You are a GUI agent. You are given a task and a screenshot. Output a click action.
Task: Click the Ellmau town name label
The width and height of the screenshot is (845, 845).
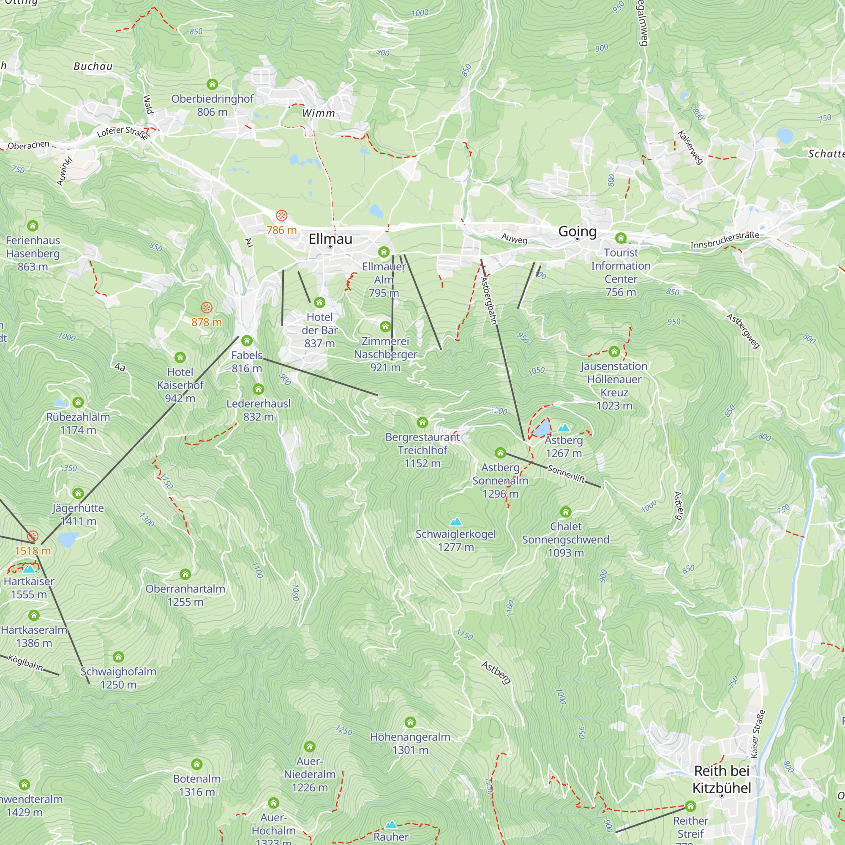pyautogui.click(x=330, y=239)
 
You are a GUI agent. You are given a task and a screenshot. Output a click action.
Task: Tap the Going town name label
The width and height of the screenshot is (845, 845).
pyautogui.click(x=577, y=232)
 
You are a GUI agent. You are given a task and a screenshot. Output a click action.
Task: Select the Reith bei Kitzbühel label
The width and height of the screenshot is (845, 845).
pyautogui.click(x=722, y=780)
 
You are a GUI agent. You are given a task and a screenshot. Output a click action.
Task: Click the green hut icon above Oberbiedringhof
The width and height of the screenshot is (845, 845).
pyautogui.click(x=212, y=84)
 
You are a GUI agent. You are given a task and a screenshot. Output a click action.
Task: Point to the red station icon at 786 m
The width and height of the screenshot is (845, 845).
pyautogui.click(x=281, y=215)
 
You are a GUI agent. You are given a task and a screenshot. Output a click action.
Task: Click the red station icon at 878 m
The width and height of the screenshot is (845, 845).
pyautogui.click(x=207, y=308)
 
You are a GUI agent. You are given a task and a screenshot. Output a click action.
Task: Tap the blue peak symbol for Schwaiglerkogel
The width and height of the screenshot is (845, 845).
pyautogui.click(x=456, y=521)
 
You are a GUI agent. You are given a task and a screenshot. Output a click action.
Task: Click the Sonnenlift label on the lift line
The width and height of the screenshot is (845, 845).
pyautogui.click(x=567, y=474)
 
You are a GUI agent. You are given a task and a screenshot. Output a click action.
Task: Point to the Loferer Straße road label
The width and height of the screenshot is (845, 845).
pyautogui.click(x=122, y=132)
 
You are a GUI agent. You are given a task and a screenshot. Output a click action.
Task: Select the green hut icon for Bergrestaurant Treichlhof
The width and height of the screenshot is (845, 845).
pyautogui.click(x=422, y=422)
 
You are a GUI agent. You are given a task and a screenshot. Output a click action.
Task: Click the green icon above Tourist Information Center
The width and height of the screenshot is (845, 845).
pyautogui.click(x=621, y=238)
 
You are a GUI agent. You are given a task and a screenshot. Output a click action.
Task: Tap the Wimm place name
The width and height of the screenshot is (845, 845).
pyautogui.click(x=319, y=113)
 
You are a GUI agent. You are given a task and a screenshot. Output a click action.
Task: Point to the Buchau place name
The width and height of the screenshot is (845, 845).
pyautogui.click(x=93, y=66)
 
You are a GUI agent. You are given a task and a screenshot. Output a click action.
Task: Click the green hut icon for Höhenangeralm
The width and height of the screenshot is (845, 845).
pyautogui.click(x=410, y=722)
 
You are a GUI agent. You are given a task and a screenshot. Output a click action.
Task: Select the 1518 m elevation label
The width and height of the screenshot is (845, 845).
pyautogui.click(x=33, y=551)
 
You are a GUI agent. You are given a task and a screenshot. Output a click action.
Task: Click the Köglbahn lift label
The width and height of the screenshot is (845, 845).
pyautogui.click(x=26, y=663)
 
